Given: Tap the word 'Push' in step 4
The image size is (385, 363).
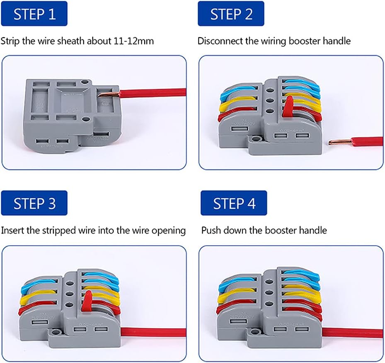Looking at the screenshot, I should [211, 230].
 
